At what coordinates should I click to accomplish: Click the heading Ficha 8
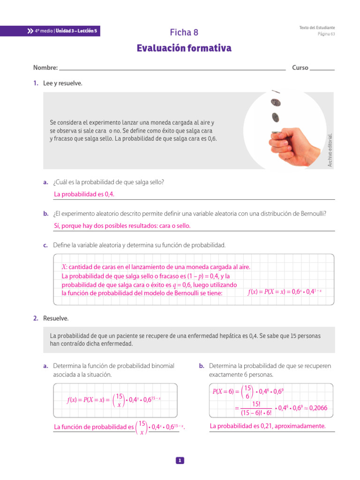(184, 32)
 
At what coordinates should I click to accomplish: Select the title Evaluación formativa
(184, 48)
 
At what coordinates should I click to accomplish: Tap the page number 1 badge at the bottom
(180, 461)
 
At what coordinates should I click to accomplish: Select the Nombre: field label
(45, 68)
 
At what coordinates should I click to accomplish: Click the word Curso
(300, 68)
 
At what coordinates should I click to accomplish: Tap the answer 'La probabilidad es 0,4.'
(84, 194)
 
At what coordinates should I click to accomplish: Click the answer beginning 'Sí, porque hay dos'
(122, 226)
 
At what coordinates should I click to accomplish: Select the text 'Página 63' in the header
(326, 34)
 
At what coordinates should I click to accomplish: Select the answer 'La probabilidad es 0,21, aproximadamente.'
(267, 426)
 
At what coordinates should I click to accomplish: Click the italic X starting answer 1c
(64, 267)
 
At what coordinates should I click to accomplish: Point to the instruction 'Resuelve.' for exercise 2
(56, 318)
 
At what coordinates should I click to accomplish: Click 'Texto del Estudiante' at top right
(317, 28)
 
